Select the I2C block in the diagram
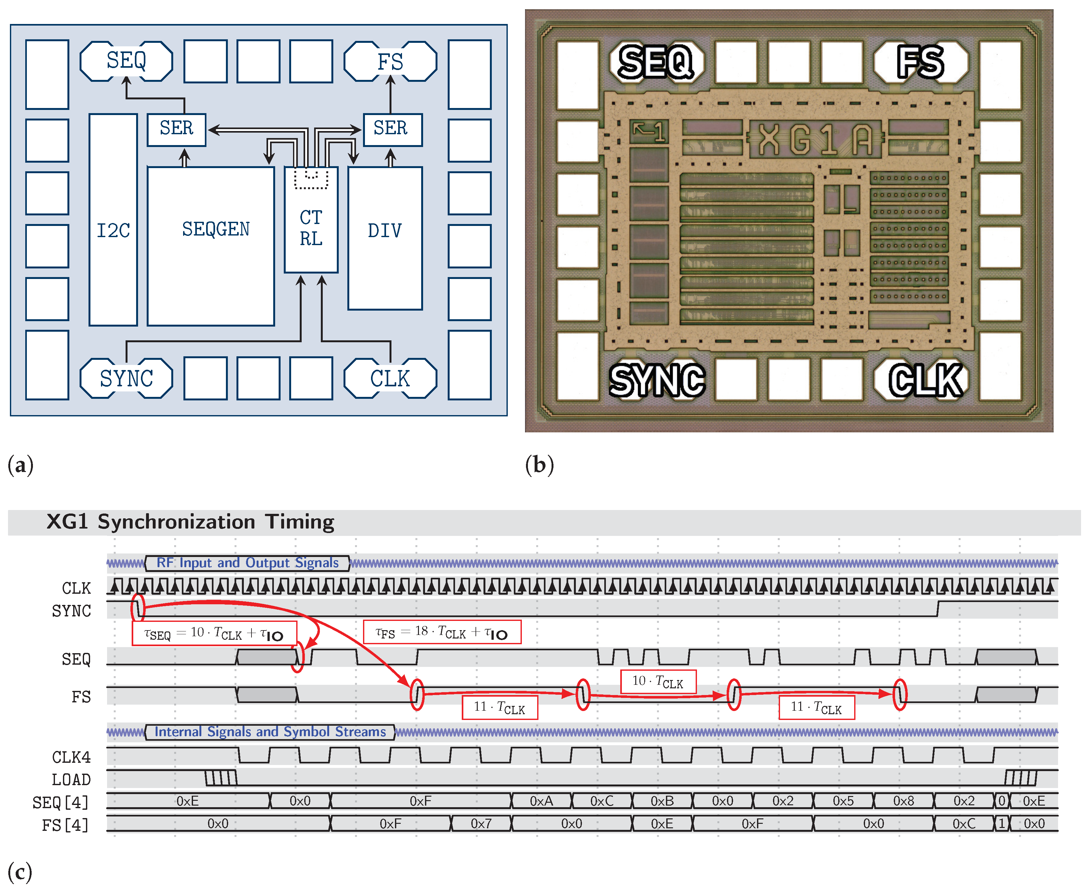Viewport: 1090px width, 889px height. [x=113, y=230]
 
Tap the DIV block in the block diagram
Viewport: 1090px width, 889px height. [x=385, y=238]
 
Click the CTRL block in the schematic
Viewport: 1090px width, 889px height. [x=311, y=228]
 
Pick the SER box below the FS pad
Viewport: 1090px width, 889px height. [x=392, y=129]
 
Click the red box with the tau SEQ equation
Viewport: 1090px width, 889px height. [x=214, y=633]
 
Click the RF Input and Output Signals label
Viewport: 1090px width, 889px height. [x=247, y=563]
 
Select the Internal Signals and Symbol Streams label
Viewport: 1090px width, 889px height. [x=270, y=732]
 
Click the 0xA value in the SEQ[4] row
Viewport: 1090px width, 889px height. [x=541, y=801]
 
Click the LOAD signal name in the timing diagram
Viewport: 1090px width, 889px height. [x=71, y=779]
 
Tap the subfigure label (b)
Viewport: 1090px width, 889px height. [x=539, y=465]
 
